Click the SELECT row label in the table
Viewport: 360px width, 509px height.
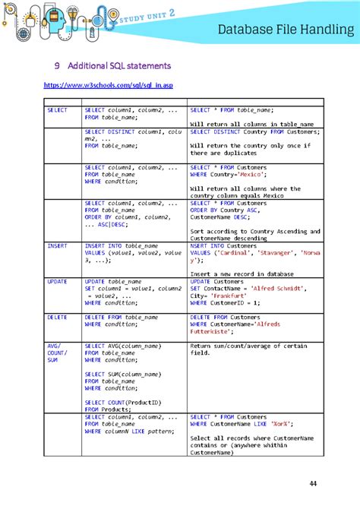pyautogui.click(x=57, y=110)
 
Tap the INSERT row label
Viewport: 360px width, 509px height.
pyautogui.click(x=57, y=246)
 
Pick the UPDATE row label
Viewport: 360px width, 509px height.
pyautogui.click(x=57, y=281)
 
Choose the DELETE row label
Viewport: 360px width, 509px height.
pyautogui.click(x=57, y=316)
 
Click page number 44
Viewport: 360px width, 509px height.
pyautogui.click(x=313, y=484)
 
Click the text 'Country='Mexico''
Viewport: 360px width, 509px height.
pyautogui.click(x=234, y=174)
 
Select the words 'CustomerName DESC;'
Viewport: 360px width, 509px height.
pyautogui.click(x=219, y=217)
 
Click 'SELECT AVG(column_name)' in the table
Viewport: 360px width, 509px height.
pyautogui.click(x=122, y=346)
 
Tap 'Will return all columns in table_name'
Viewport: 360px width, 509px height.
pyautogui.click(x=251, y=124)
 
